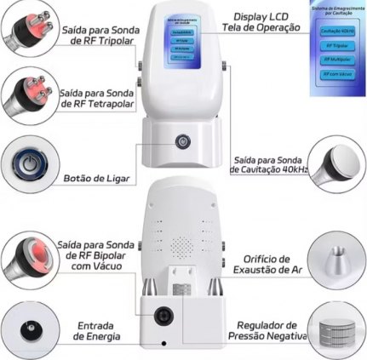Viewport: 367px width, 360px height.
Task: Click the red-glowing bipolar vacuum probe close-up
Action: click(x=26, y=254)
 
